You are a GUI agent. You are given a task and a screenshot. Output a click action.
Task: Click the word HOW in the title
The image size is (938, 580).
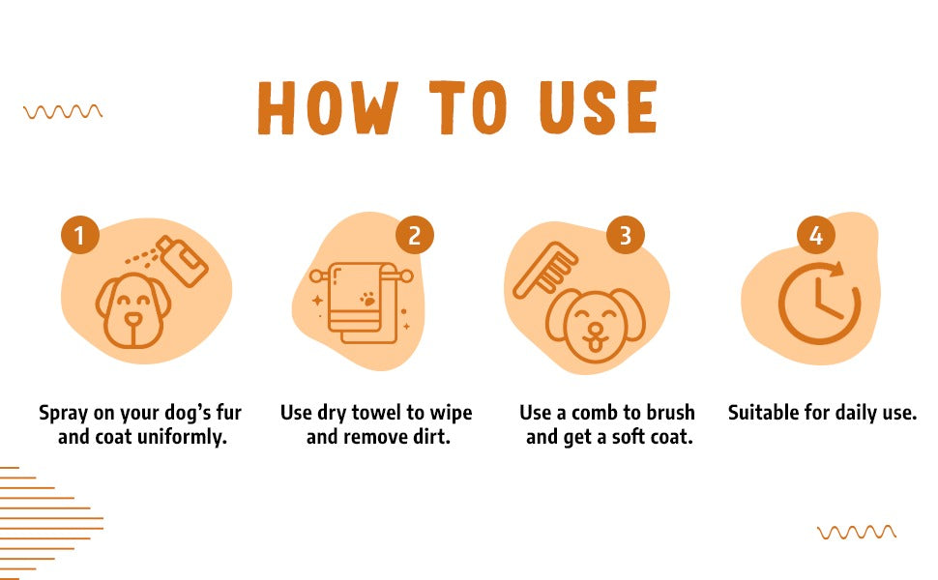[328, 107]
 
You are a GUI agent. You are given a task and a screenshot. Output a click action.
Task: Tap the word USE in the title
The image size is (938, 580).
[598, 107]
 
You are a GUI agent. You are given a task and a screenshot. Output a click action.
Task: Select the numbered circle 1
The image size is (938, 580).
[79, 235]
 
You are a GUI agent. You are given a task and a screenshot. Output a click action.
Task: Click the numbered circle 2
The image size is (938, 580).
[415, 235]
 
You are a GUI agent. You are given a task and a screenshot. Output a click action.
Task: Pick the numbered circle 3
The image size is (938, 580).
[625, 235]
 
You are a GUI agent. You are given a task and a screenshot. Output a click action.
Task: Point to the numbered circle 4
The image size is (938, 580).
[816, 235]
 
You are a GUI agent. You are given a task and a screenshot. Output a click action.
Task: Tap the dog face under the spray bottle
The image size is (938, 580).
[132, 310]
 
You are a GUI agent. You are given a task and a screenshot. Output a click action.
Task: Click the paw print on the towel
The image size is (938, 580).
[367, 299]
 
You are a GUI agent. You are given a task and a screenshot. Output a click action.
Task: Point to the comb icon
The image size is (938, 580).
[545, 269]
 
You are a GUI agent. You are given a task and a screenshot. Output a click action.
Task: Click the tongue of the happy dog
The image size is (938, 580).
[596, 345]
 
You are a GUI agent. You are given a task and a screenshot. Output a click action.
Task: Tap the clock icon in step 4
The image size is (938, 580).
[819, 303]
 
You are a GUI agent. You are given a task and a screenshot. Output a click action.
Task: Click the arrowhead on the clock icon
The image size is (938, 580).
[836, 269]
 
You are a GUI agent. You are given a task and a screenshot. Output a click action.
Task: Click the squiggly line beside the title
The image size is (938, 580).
[63, 112]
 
